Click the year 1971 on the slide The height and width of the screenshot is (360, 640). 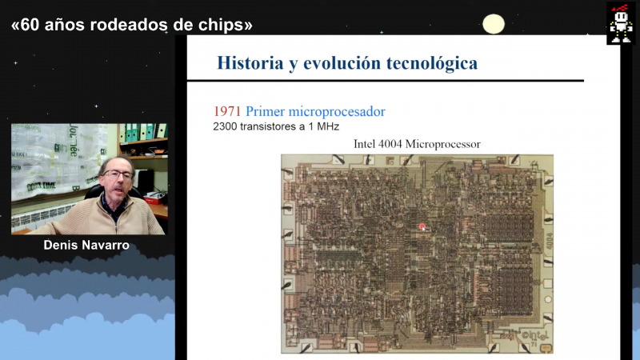tap(227, 111)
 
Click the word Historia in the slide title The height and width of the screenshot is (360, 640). tap(250, 63)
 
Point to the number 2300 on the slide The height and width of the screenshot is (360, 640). tap(225, 126)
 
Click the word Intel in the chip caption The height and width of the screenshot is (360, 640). tap(364, 144)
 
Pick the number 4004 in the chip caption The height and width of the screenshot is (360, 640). tap(390, 144)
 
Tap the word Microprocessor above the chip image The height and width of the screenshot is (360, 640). tap(443, 145)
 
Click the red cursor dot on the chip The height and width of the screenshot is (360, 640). tap(422, 226)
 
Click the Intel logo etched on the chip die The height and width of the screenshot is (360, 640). tap(534, 336)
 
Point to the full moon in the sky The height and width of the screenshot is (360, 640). tap(494, 24)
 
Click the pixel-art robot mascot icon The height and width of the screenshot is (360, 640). tap(621, 23)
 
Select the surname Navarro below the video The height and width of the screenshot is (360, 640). tap(106, 246)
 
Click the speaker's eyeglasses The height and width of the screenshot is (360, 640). tap(118, 174)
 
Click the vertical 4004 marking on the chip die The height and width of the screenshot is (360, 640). tap(550, 241)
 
